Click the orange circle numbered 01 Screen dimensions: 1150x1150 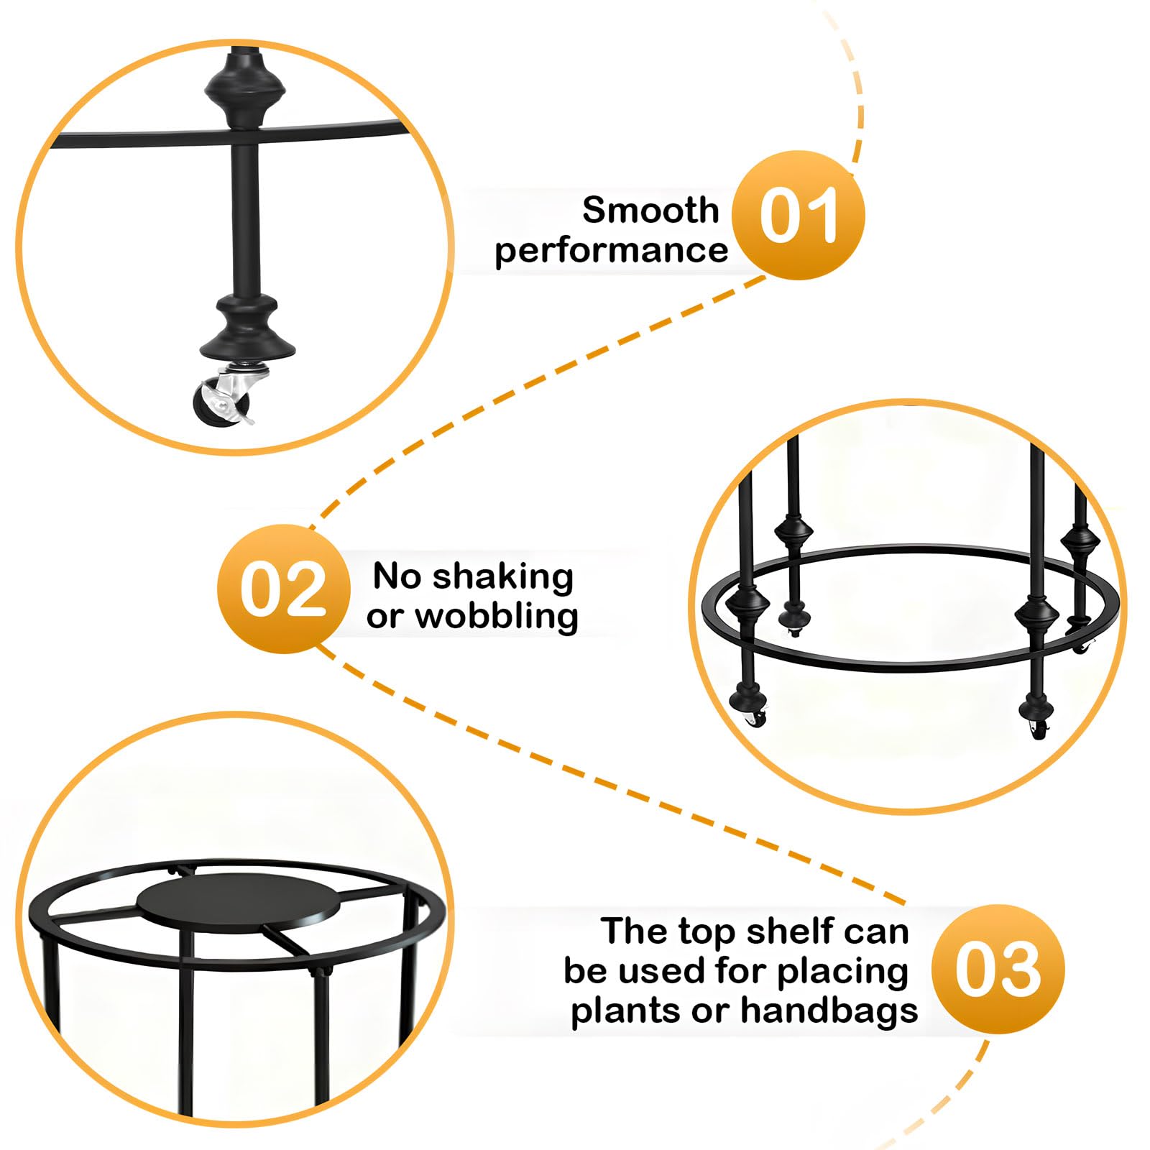point(798,215)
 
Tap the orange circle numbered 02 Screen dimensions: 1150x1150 point(283,589)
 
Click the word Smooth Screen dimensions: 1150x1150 point(650,210)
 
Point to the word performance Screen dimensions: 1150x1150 point(611,251)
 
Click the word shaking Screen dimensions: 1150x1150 point(503,576)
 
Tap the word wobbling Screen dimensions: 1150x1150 point(497,616)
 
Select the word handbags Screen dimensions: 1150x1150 point(829,1010)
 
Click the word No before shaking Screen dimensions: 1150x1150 point(397,576)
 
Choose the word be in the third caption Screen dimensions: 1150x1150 point(586,971)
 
